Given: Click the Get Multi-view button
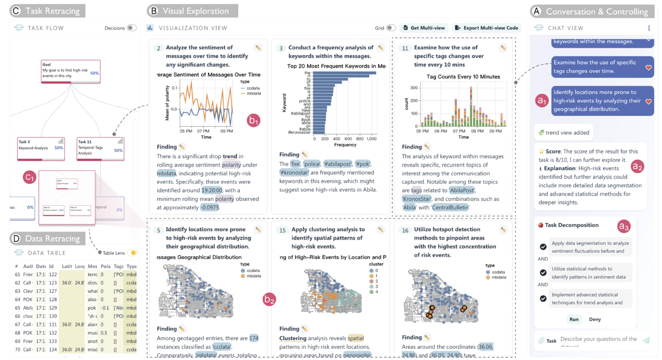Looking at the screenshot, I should pyautogui.click(x=424, y=28).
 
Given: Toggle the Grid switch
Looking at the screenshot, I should pyautogui.click(x=391, y=28).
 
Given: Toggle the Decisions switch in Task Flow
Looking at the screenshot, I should pyautogui.click(x=132, y=28).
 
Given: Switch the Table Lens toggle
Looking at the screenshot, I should pyautogui.click(x=133, y=253).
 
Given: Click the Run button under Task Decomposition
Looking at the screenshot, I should pyautogui.click(x=574, y=319).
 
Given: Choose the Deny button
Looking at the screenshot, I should pyautogui.click(x=595, y=319).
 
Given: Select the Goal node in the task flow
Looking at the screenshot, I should pyautogui.click(x=71, y=71).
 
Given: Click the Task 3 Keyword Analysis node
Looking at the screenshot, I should pyautogui.click(x=41, y=148).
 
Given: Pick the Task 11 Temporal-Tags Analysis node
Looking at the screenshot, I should pyautogui.click(x=100, y=148).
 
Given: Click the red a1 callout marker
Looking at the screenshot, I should pyautogui.click(x=542, y=101).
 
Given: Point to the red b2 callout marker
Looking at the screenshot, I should pyautogui.click(x=269, y=299).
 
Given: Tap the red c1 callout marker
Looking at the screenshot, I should pyautogui.click(x=30, y=177).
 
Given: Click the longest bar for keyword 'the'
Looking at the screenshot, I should pyautogui.click(x=344, y=73).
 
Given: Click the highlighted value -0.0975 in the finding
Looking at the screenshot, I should pyautogui.click(x=210, y=208).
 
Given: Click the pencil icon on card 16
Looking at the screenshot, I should pyautogui.click(x=503, y=230).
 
